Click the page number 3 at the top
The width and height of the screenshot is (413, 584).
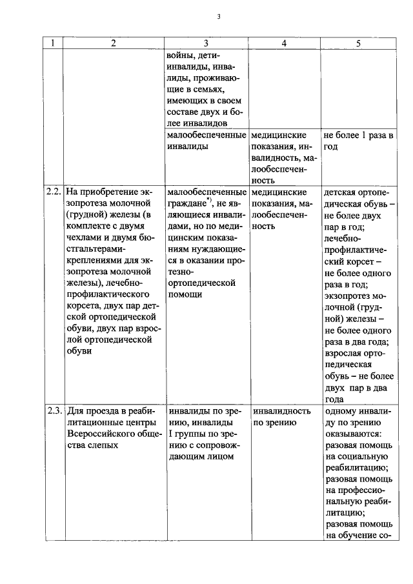pos(219,17)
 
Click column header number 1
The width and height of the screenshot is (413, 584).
pos(53,43)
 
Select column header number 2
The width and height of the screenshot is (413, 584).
pos(113,43)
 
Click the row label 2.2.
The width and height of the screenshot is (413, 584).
pos(54,192)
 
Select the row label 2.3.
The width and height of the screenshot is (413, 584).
pos(54,410)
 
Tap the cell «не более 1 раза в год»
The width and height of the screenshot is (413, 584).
pos(358,141)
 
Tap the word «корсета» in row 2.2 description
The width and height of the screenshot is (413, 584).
pos(85,307)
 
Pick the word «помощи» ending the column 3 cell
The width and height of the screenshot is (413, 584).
pos(185,295)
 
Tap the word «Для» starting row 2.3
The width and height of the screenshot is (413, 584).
pos(75,411)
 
